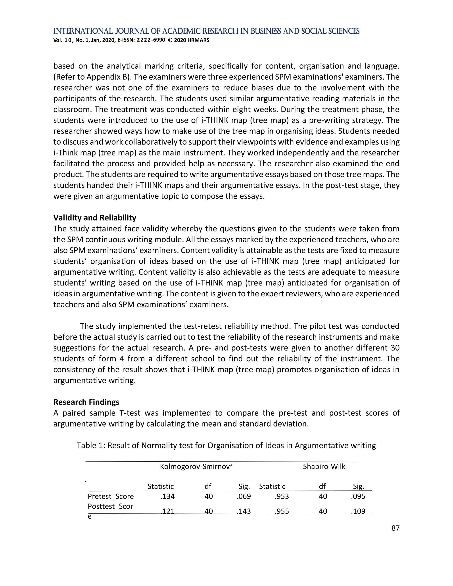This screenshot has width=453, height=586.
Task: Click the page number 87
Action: pos(395,528)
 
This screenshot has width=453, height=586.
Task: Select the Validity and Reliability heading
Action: pos(95,218)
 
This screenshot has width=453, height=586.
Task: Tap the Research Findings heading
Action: pos(86,402)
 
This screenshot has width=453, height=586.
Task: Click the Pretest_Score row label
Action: pos(111,496)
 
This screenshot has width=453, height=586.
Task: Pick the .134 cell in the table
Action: pos(167,496)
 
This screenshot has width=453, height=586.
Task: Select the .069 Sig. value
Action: pos(244,496)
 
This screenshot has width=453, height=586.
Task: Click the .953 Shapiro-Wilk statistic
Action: pos(282,496)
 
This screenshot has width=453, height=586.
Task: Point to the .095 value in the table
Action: pos(358,496)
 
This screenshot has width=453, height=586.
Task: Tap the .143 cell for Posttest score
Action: pos(244,511)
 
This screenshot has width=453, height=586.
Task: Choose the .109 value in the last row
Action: pos(358,511)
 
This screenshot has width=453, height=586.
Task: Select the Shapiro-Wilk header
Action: pos(324,467)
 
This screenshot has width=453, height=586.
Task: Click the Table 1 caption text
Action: pos(226,445)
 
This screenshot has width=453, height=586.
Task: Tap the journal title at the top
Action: pos(206,31)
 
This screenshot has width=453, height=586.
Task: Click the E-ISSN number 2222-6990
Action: pos(151,40)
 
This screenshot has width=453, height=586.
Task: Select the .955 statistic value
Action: pos(282,511)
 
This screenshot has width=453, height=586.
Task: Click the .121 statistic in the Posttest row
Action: pos(167,511)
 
